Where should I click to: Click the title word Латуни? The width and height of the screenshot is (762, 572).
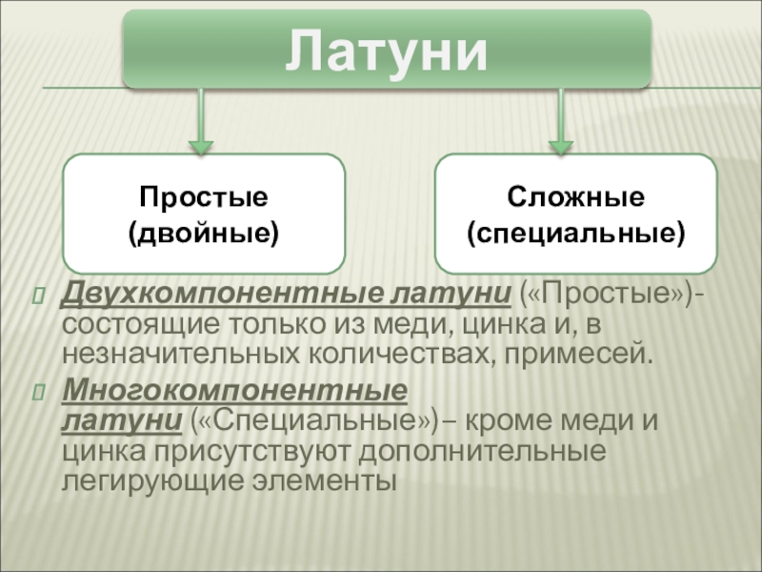point(387,50)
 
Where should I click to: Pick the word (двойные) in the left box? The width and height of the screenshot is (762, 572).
point(203,231)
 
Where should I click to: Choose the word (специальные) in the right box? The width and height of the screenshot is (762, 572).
point(575,231)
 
